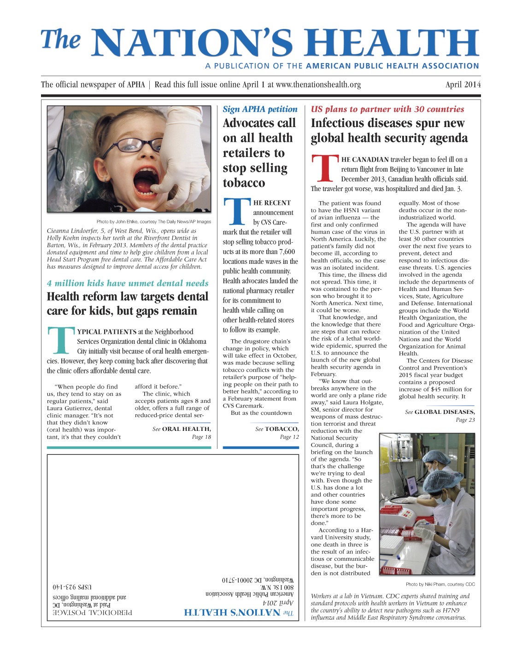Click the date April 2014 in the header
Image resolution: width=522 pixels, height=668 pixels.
(x=463, y=85)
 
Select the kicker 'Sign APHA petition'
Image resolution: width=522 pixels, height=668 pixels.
(x=260, y=109)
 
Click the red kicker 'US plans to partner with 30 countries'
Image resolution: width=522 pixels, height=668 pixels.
(x=387, y=109)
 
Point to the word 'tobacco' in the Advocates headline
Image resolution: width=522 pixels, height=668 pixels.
(x=244, y=183)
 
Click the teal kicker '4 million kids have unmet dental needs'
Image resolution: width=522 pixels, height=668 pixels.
(x=128, y=283)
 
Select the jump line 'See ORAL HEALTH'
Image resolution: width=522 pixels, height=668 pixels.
(x=182, y=429)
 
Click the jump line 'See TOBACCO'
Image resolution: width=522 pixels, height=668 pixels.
(x=276, y=429)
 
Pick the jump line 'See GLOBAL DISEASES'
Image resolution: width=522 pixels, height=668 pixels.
(x=440, y=412)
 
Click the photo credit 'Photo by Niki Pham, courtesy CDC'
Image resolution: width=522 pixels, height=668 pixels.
(x=440, y=584)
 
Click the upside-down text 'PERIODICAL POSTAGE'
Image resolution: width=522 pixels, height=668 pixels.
(x=92, y=612)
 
